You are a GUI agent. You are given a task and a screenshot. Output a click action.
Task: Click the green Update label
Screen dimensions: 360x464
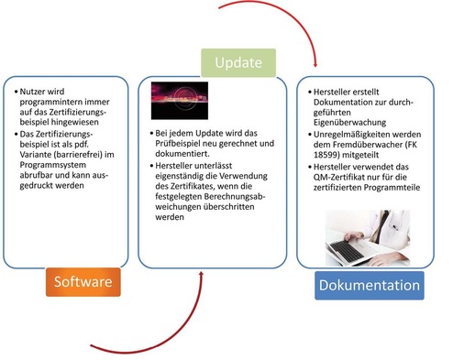point(238,63)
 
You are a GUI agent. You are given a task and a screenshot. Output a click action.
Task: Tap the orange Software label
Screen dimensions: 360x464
point(84,281)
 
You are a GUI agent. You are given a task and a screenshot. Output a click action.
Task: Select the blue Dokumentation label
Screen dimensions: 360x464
point(370,285)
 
